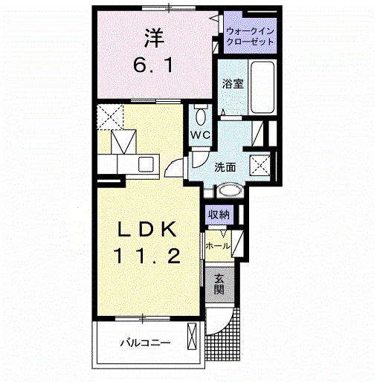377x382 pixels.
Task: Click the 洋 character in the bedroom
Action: [154, 39]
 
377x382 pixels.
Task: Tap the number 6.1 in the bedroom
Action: [153, 65]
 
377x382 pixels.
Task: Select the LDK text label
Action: [147, 230]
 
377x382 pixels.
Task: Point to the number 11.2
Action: [146, 256]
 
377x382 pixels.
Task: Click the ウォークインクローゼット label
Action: [250, 36]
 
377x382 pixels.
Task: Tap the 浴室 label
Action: [233, 84]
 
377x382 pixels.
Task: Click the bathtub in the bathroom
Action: [262, 87]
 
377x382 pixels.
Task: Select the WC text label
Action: [200, 135]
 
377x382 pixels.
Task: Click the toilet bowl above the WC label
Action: [200, 117]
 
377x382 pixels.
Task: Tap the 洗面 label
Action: [225, 168]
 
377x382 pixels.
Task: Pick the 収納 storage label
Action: [219, 215]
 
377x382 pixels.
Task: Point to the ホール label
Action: [218, 246]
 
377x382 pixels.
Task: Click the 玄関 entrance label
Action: [219, 284]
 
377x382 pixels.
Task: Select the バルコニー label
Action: [146, 343]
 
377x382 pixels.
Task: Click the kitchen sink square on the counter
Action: [146, 164]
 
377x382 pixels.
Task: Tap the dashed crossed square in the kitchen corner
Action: [110, 117]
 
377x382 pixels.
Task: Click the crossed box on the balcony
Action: [192, 337]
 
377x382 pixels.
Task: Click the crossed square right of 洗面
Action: [260, 166]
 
